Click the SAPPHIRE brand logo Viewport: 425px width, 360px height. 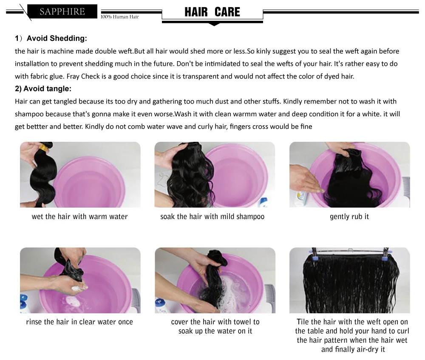point(62,11)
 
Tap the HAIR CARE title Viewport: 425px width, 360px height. point(212,12)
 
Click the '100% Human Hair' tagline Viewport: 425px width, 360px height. point(120,17)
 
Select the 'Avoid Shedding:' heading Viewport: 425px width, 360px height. point(57,38)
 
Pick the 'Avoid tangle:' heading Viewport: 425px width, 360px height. point(47,88)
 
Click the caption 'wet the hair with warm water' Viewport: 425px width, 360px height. point(80,217)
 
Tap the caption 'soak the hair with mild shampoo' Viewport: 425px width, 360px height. point(212,217)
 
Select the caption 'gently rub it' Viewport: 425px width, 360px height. point(349,217)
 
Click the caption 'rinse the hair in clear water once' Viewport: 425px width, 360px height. point(79,322)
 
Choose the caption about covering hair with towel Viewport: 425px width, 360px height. point(215,326)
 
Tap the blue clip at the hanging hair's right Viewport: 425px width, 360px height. point(384,258)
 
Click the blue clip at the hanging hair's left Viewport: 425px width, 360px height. point(314,259)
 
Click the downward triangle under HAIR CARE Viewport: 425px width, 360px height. point(214,24)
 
